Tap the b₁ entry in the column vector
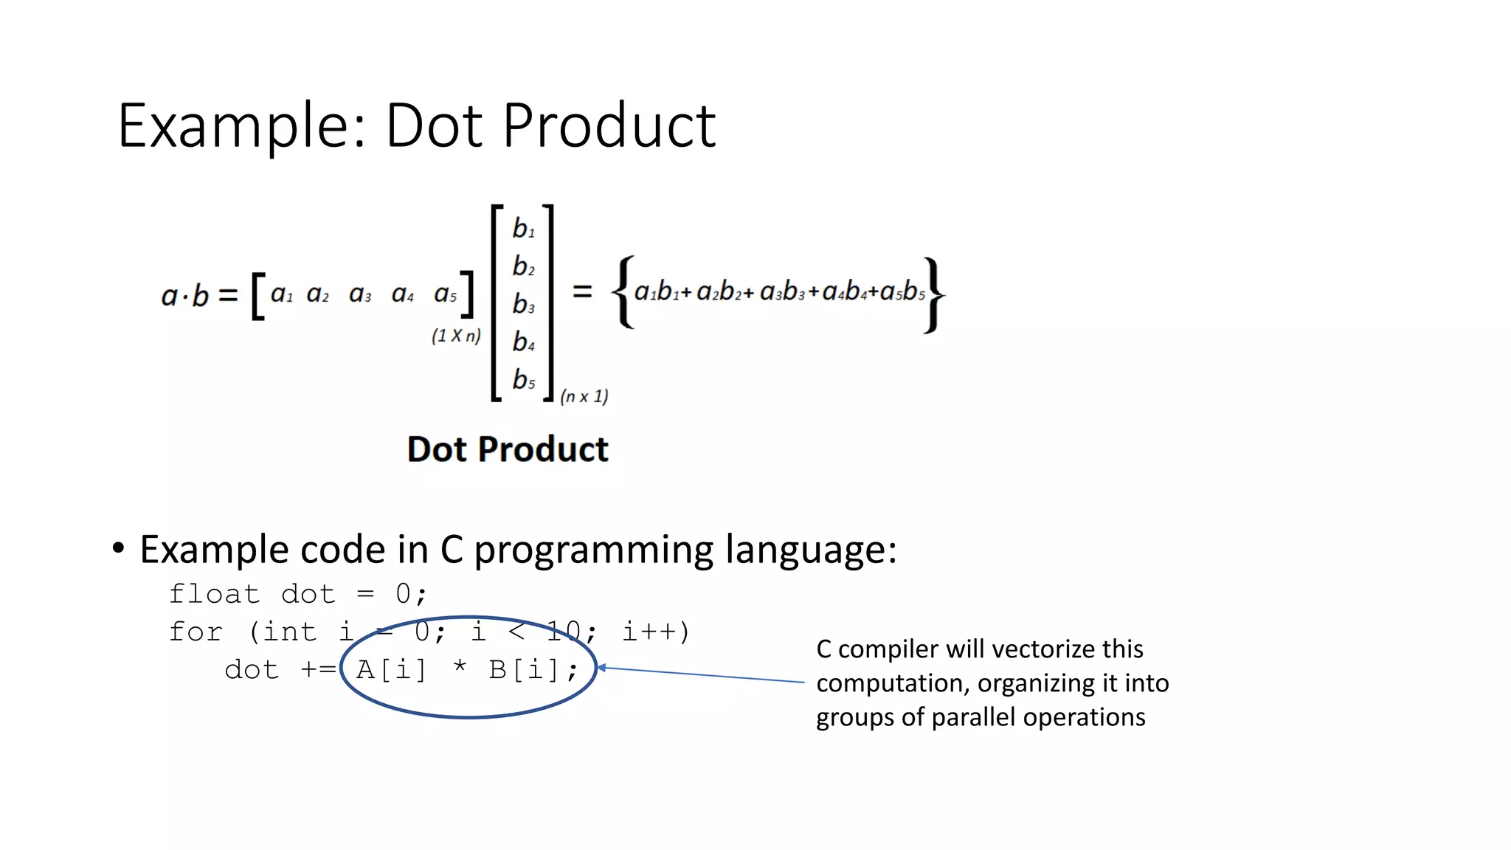click(523, 229)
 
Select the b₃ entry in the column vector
click(523, 304)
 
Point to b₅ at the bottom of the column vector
click(523, 380)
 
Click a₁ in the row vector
click(281, 294)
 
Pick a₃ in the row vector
click(360, 294)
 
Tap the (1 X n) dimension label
click(456, 336)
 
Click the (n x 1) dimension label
click(584, 396)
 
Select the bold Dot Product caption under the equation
click(508, 449)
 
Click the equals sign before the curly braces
click(582, 292)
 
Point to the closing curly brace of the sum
click(933, 294)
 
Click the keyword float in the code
click(214, 594)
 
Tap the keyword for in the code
click(196, 632)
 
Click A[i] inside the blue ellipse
click(391, 670)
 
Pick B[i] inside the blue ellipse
click(523, 670)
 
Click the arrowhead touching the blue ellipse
click(601, 668)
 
